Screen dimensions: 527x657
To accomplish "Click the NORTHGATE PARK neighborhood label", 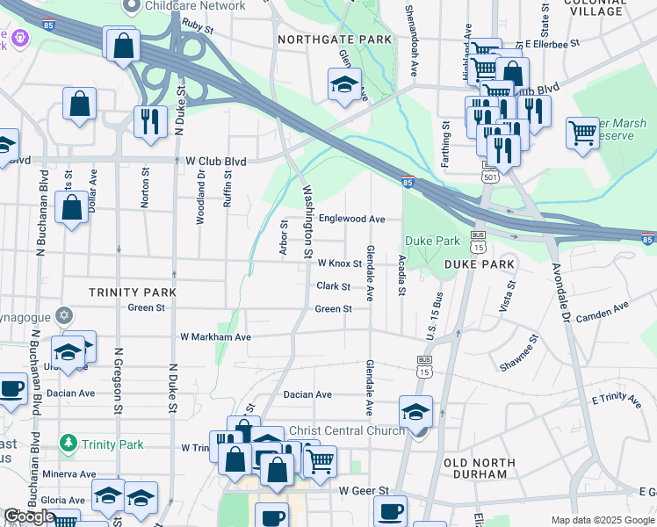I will tap(334, 40).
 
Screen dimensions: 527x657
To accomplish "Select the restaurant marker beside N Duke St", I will tap(150, 120).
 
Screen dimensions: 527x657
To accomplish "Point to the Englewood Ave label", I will tap(351, 219).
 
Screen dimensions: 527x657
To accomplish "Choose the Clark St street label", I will tap(333, 286).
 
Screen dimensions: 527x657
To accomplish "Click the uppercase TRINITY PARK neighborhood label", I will tap(133, 292).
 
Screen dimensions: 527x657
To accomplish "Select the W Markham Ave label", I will tap(215, 336).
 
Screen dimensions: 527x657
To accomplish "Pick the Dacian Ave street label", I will tap(307, 395).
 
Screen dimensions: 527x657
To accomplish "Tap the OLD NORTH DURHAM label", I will tap(475, 468).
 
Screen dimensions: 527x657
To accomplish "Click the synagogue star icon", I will tap(63, 315).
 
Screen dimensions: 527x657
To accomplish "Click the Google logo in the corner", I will tap(29, 516).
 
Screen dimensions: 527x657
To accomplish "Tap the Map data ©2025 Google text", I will tap(602, 520).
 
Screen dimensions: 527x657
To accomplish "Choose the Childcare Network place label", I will tap(195, 6).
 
